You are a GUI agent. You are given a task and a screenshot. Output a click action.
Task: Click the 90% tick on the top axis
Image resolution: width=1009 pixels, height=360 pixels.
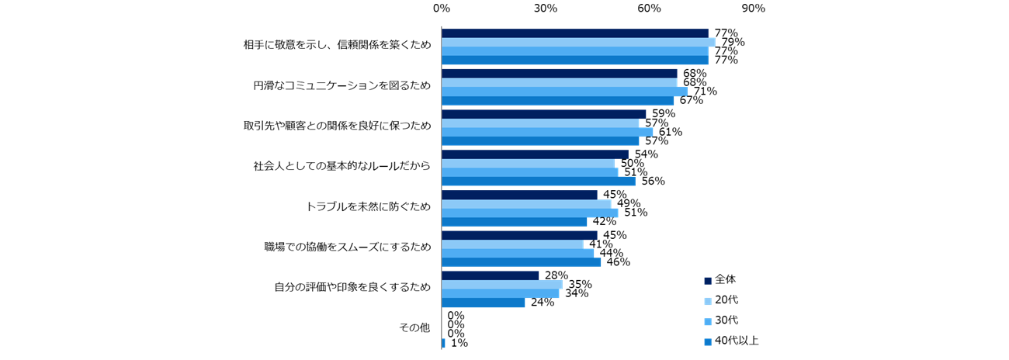click(x=753, y=9)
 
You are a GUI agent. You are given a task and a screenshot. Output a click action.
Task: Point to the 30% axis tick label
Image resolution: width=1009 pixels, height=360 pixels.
click(x=545, y=9)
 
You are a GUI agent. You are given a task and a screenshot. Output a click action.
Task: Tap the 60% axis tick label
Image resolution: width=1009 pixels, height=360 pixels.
click(x=649, y=9)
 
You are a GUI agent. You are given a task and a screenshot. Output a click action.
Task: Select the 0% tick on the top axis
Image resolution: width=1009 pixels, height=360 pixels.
click(x=441, y=9)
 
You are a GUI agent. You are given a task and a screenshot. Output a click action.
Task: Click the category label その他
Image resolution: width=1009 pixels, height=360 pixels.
click(x=414, y=328)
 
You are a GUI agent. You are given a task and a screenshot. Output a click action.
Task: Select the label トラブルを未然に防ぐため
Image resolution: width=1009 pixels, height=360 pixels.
click(x=368, y=207)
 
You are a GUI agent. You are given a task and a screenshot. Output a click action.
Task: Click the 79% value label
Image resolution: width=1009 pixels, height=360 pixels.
click(x=733, y=42)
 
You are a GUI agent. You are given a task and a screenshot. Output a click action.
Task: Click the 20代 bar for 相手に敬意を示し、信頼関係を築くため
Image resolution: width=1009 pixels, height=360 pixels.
click(x=578, y=42)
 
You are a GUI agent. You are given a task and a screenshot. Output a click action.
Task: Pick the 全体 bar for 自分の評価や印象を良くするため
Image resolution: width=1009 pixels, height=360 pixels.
click(x=490, y=275)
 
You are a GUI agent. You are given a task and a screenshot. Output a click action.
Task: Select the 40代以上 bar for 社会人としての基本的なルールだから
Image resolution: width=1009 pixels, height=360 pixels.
click(x=538, y=181)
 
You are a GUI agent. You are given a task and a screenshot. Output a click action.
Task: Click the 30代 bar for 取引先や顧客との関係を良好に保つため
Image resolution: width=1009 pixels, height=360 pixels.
click(x=546, y=132)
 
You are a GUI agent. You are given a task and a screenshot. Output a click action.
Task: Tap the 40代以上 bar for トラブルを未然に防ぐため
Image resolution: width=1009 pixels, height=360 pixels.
click(x=514, y=221)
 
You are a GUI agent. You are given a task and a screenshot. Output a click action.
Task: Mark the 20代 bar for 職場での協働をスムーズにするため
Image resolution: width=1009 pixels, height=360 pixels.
click(x=512, y=244)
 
